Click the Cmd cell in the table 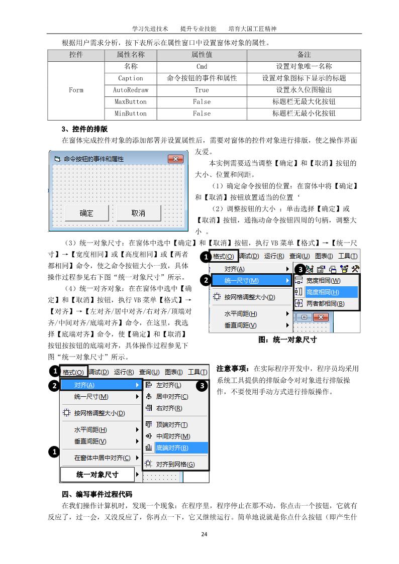point(202,66)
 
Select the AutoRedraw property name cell point(131,90)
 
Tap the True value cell point(202,90)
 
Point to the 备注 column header point(304,54)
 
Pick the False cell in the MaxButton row point(202,101)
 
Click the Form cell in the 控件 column point(76,90)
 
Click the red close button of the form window point(175,159)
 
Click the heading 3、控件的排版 point(84,129)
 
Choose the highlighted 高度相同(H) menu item point(323,292)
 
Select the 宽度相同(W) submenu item point(323,280)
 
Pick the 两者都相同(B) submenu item point(325,303)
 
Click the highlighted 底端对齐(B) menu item point(172,448)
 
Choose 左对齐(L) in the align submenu point(168,385)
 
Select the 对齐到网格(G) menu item point(175,465)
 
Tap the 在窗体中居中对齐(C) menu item point(102,458)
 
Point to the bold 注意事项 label point(234,369)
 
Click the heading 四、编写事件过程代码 point(96,494)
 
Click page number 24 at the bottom point(204,533)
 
